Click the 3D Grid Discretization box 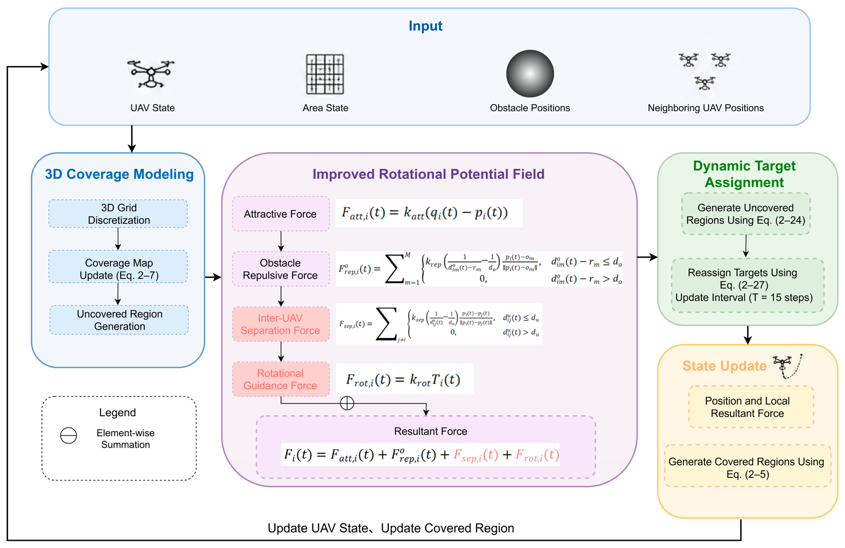click(118, 213)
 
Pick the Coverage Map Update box click(118, 266)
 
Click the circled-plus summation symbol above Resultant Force click(347, 403)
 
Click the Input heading click(425, 26)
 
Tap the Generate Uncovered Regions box click(746, 213)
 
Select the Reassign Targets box click(747, 285)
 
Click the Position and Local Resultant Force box click(751, 407)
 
